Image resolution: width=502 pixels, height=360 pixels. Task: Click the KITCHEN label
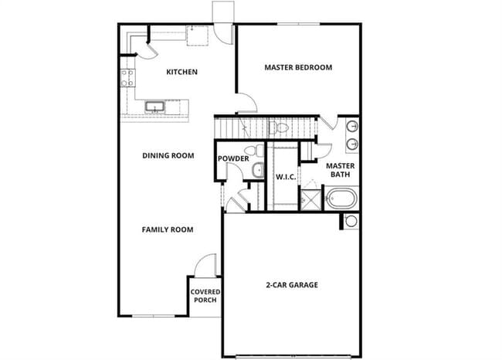(182, 72)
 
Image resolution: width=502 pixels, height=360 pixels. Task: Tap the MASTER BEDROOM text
(298, 67)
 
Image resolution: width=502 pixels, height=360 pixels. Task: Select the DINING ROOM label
(168, 155)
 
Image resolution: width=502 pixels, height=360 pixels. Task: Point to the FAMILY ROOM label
(167, 229)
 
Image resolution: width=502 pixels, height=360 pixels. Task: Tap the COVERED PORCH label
(205, 296)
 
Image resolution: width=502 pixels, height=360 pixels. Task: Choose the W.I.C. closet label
(283, 177)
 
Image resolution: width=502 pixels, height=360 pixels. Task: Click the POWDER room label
(233, 159)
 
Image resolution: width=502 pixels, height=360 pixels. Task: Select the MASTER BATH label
(340, 170)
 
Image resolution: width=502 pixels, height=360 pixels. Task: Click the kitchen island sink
(154, 107)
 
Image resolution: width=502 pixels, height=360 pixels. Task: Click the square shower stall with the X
(310, 199)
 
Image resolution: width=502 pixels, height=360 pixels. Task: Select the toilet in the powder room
(249, 151)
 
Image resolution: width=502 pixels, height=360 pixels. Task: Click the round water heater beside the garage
(351, 221)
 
